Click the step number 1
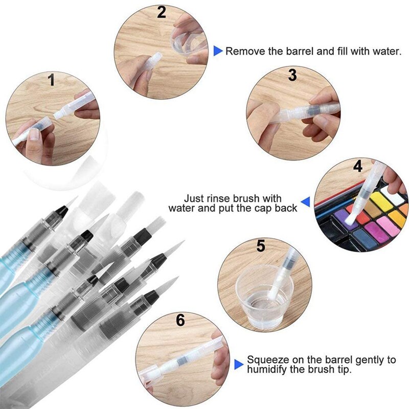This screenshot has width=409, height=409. pos(51,80)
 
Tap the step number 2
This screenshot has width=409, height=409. pos(162,12)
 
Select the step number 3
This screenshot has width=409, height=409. pos(292,76)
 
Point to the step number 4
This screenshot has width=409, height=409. pos(357,166)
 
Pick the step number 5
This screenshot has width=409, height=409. pos(261,246)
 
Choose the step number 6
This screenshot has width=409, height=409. pos(180,321)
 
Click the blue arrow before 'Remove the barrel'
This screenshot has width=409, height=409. pos(218,51)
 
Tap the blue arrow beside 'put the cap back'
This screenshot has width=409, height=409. pos(305,203)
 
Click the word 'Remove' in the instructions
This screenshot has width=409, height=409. pos(243,51)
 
